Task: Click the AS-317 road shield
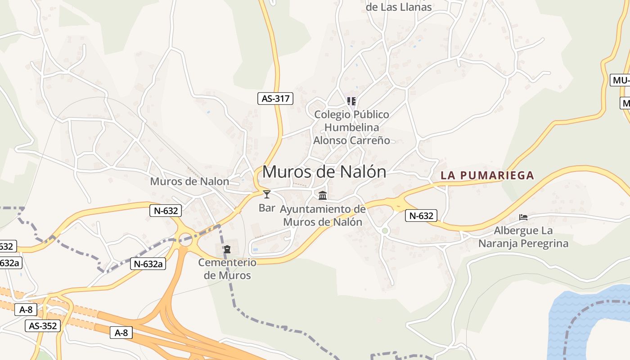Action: (x=275, y=99)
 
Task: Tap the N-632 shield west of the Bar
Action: (x=166, y=210)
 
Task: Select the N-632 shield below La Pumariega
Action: (x=421, y=216)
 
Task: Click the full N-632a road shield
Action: (x=148, y=264)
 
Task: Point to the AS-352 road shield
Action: (x=43, y=326)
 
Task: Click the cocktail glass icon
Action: (x=267, y=194)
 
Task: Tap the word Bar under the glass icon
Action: (x=267, y=208)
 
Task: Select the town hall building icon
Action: (x=323, y=196)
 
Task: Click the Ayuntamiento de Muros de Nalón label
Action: (x=323, y=216)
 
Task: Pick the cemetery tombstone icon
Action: (x=227, y=249)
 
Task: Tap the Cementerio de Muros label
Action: (x=227, y=269)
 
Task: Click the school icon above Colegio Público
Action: (x=351, y=101)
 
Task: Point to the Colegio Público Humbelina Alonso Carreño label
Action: (x=351, y=127)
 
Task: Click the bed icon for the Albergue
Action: (x=523, y=217)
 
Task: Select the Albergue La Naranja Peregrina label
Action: (x=523, y=237)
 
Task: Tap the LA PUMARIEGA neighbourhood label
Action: (x=487, y=175)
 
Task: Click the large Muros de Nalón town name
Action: (x=324, y=172)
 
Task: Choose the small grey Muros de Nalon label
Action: (x=189, y=181)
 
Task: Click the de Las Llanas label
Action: (x=399, y=7)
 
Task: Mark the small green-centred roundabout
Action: (x=385, y=231)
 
